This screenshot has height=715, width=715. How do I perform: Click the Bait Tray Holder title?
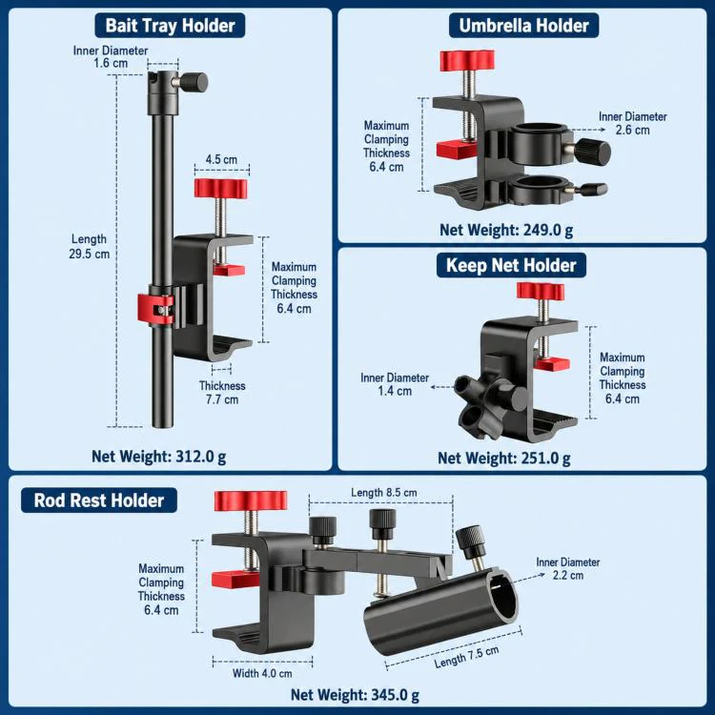pyautogui.click(x=170, y=26)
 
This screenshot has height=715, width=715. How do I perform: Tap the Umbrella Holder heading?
pyautogui.click(x=524, y=26)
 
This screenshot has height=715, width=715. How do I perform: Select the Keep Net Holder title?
pyautogui.click(x=511, y=265)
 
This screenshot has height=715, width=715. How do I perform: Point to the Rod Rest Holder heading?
pyautogui.click(x=99, y=500)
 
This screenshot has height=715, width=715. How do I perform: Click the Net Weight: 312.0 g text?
pyautogui.click(x=158, y=457)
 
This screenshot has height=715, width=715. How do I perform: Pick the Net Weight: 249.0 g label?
pyautogui.click(x=506, y=231)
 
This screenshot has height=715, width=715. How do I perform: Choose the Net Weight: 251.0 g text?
pyautogui.click(x=504, y=458)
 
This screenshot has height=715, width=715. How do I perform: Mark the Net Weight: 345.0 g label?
pyautogui.click(x=355, y=695)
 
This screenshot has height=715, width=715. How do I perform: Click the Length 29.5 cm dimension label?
pyautogui.click(x=90, y=246)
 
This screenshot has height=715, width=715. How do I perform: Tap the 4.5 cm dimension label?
pyautogui.click(x=221, y=159)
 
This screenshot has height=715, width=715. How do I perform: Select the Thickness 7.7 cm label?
pyautogui.click(x=222, y=393)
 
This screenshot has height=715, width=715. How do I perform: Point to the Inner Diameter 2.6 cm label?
pyautogui.click(x=633, y=123)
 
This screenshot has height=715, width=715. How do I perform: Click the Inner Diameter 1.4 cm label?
pyautogui.click(x=395, y=384)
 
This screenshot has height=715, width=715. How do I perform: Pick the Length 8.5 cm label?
pyautogui.click(x=384, y=493)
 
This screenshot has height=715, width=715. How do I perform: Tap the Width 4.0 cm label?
pyautogui.click(x=262, y=673)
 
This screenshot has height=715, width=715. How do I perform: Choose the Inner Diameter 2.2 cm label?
pyautogui.click(x=568, y=568)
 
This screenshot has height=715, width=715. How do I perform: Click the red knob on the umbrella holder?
pyautogui.click(x=467, y=61)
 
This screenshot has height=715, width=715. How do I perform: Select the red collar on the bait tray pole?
pyautogui.click(x=156, y=309)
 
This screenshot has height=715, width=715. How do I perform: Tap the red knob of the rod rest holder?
pyautogui.click(x=251, y=500)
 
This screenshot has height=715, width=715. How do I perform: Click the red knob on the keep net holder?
pyautogui.click(x=541, y=291)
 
